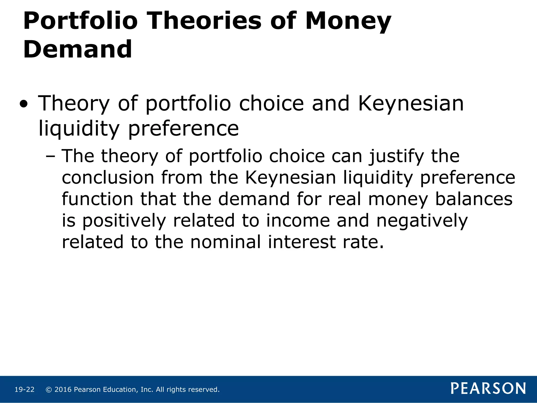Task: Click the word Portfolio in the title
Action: pos(80,22)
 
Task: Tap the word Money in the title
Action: pos(348,22)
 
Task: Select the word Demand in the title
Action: pos(78,49)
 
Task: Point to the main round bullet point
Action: pos(24,105)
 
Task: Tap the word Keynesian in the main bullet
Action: pos(411,104)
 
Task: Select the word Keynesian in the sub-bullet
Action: pos(291,178)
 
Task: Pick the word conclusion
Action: pos(108,178)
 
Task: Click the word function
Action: pos(98,199)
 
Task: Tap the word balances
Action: pos(474,199)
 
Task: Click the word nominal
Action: pos(225,242)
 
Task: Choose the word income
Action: pos(298,221)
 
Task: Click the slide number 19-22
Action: pos(24,390)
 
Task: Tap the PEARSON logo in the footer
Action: pos(488,389)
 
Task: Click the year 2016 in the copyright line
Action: pos(63,390)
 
